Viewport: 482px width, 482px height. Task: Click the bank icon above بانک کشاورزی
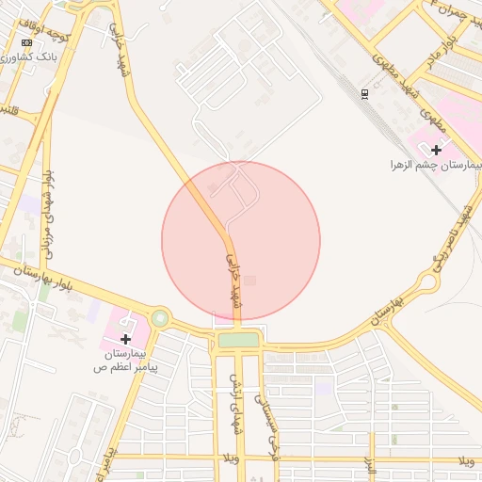click(26, 42)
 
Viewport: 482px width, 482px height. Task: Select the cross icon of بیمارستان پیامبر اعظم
click(125, 338)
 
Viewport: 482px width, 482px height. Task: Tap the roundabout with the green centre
click(160, 319)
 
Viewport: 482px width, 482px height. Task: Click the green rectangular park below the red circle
click(238, 341)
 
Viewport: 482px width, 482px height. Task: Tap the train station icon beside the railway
click(364, 93)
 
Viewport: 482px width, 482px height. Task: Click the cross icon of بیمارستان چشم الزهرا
click(436, 149)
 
